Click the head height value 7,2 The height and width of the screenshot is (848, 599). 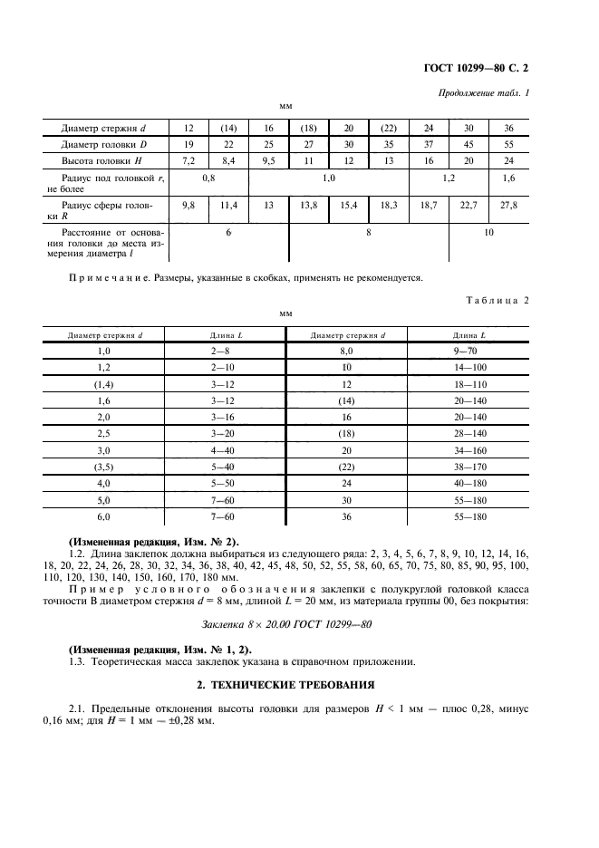[x=188, y=159]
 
